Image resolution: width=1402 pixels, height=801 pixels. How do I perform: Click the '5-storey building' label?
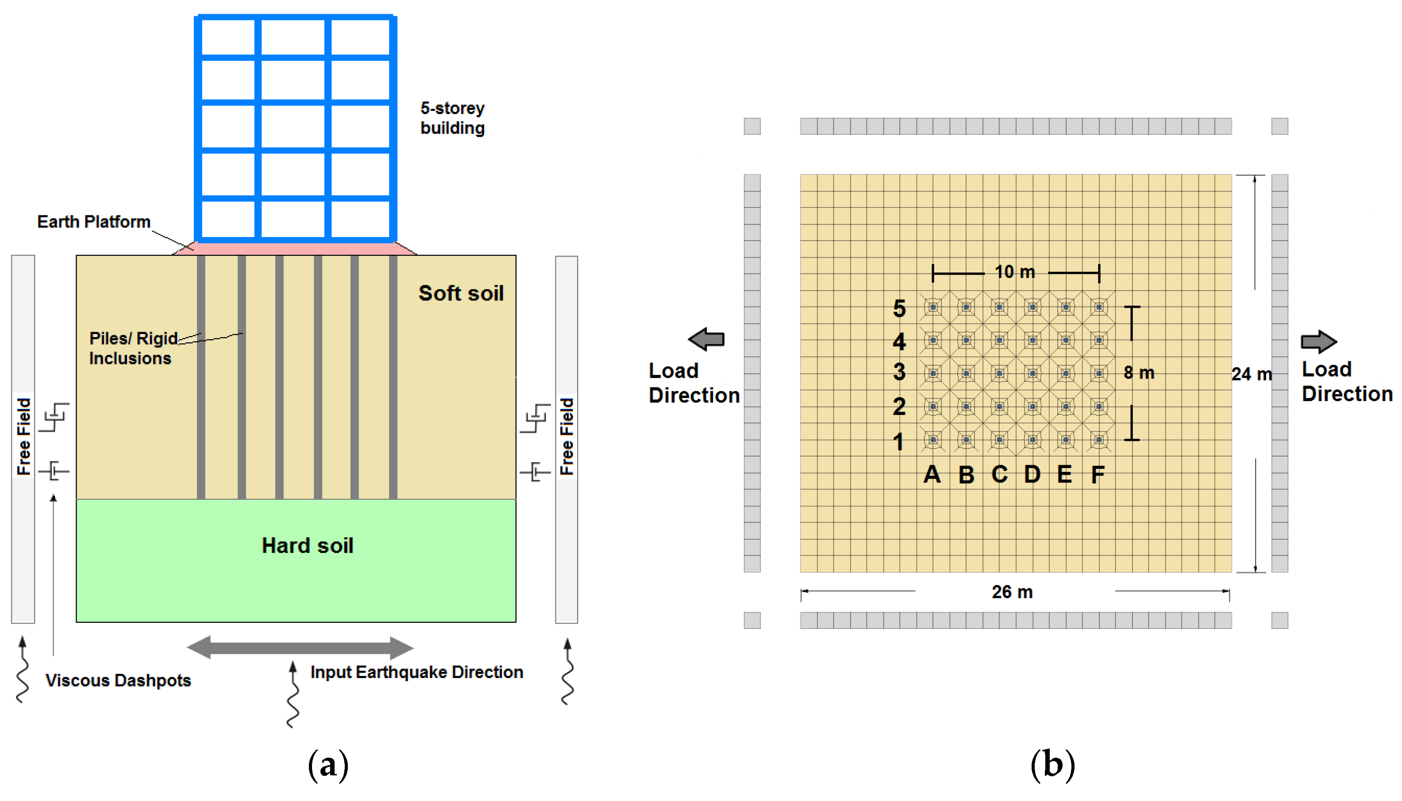[452, 118]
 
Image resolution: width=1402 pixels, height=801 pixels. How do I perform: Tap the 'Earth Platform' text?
[93, 222]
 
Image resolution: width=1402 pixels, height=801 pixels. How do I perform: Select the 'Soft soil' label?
[461, 293]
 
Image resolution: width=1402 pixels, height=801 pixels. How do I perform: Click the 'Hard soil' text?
[307, 546]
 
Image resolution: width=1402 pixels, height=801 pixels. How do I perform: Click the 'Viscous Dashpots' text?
[118, 681]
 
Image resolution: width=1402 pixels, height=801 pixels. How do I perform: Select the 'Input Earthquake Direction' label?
[416, 672]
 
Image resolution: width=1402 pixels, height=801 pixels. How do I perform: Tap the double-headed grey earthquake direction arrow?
[300, 648]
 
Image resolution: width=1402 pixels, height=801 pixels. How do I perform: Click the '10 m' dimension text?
[1014, 272]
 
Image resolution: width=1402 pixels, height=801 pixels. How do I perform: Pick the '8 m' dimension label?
[1138, 373]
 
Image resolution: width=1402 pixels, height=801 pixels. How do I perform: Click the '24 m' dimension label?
[1251, 375]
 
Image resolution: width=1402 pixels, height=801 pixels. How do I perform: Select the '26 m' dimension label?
[1012, 592]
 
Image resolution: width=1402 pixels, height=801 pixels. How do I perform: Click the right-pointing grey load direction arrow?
[1318, 341]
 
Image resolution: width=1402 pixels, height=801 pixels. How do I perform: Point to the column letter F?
[1098, 475]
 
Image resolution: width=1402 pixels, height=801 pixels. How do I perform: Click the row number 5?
[899, 309]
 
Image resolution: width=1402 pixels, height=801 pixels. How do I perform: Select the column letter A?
[932, 475]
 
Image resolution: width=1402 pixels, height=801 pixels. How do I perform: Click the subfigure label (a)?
[328, 765]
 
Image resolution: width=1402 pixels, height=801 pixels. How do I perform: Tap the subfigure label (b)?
[1052, 765]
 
